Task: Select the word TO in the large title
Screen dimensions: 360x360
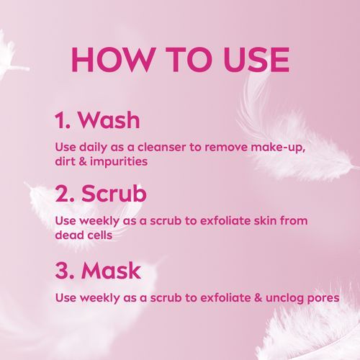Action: coord(189,60)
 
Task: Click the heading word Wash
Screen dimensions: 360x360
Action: coord(109,120)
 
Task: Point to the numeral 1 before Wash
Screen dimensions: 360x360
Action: coord(60,120)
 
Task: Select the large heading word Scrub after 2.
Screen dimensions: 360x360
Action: coord(114,194)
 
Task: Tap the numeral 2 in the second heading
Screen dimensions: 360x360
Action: coord(62,194)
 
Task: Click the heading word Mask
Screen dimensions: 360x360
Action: coord(111,271)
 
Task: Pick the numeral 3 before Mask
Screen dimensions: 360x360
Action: coord(62,271)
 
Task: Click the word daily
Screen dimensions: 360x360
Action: coord(93,148)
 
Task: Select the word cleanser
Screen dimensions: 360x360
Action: coord(161,147)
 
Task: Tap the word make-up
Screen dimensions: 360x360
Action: coord(279,148)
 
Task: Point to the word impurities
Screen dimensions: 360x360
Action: coord(119,162)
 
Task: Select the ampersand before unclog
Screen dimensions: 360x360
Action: coord(258,297)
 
